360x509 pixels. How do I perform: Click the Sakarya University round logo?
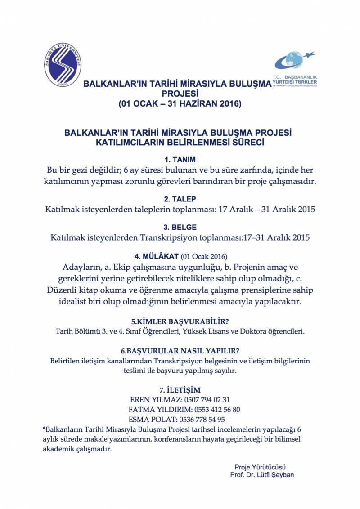63,66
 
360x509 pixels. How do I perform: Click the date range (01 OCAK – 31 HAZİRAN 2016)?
180,104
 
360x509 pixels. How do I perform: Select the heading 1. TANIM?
180,160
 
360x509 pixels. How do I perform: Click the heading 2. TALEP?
180,199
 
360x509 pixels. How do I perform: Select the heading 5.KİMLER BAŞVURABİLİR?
180,322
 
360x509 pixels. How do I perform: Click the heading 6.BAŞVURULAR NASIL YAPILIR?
180,351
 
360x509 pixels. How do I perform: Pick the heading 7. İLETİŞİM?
180,389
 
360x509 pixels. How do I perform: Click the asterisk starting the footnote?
44,429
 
